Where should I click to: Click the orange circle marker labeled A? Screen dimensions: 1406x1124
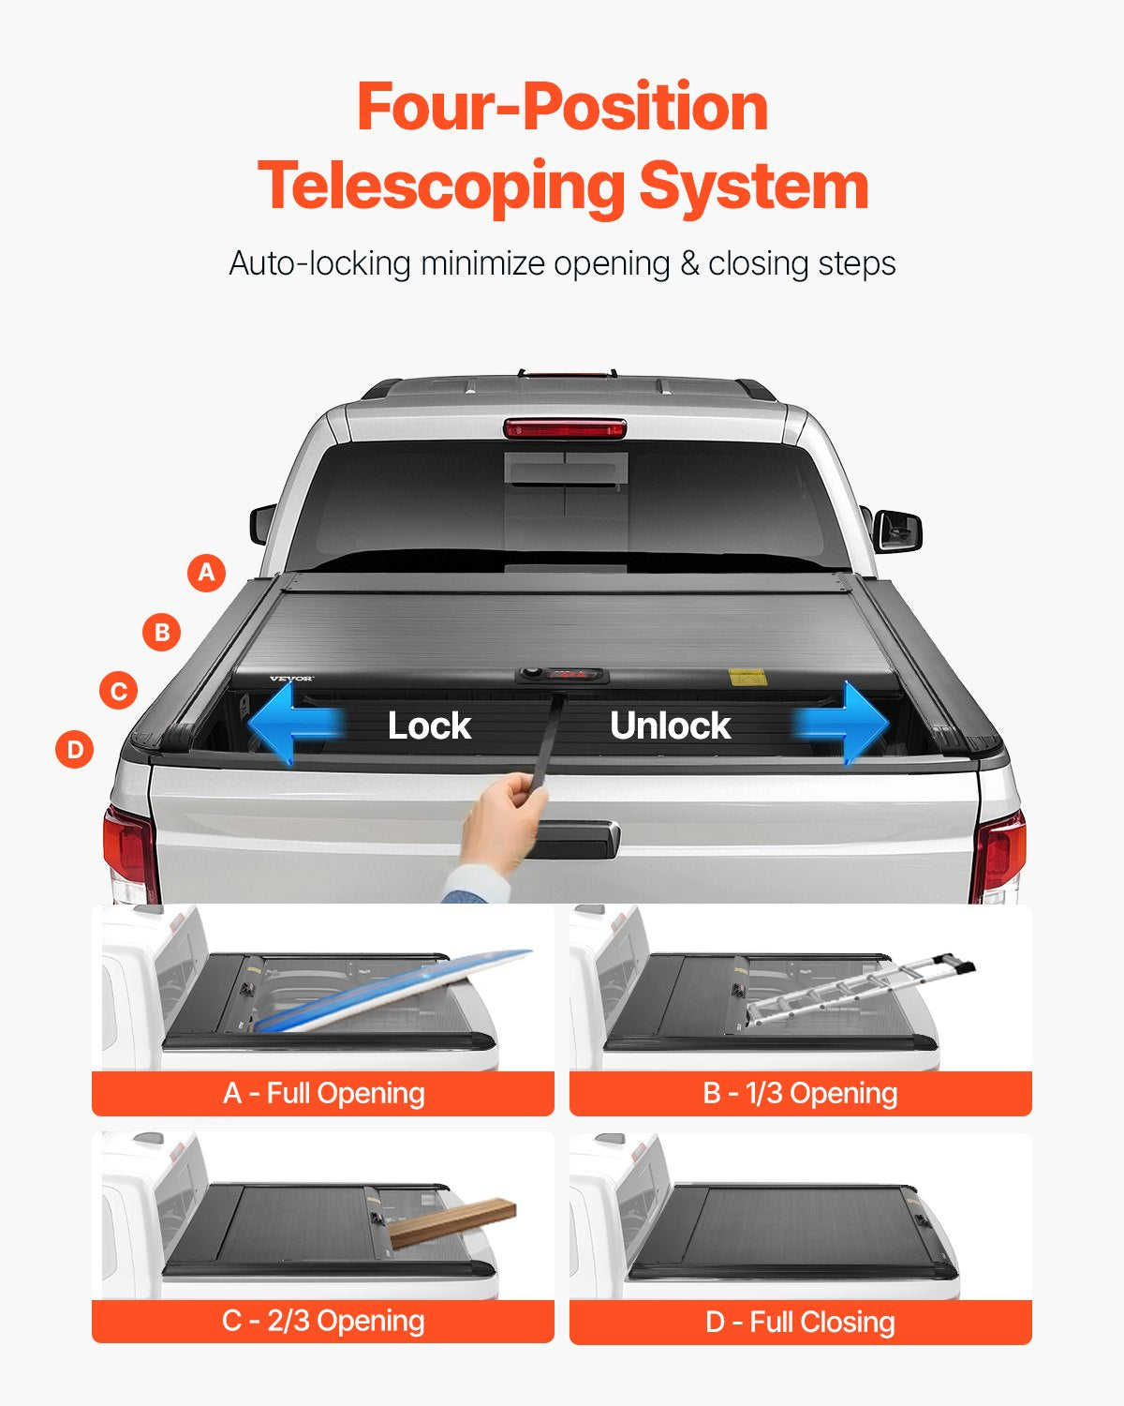(207, 572)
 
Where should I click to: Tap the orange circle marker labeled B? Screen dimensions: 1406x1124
(162, 632)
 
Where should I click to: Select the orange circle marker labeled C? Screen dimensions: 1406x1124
(119, 692)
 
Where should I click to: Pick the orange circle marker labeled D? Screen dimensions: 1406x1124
(75, 749)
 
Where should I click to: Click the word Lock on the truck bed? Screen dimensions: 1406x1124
(429, 725)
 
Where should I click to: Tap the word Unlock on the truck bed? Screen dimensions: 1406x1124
(670, 725)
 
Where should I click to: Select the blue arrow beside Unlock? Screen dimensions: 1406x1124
(843, 724)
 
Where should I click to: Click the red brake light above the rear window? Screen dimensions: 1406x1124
(565, 428)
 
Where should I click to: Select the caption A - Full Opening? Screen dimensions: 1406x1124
(323, 1093)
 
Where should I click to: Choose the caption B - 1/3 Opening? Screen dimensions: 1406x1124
(800, 1093)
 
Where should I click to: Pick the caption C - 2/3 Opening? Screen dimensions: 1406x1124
(323, 1321)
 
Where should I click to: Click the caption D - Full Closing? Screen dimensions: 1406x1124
(800, 1322)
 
